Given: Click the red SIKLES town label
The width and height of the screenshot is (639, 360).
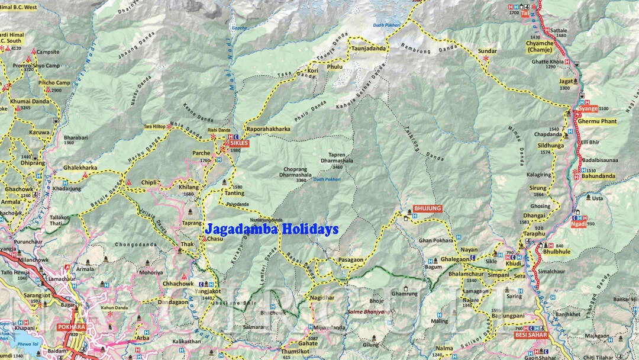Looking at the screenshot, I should (240, 143).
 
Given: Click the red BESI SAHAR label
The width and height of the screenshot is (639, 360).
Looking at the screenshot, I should (531, 335).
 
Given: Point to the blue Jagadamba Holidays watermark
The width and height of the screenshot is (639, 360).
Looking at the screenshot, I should (272, 229).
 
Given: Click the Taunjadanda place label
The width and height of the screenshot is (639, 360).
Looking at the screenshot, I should (369, 49).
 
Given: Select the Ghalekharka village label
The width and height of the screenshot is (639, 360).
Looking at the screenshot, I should (80, 168).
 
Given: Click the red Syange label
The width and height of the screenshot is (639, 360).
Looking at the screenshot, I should (588, 109).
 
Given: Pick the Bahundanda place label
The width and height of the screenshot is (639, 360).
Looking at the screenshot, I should (598, 176).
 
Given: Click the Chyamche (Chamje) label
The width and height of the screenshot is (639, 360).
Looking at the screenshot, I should (540, 46).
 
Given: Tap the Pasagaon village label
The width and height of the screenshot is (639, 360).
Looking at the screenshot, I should (351, 260).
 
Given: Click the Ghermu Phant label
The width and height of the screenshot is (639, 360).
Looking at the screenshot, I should (597, 121).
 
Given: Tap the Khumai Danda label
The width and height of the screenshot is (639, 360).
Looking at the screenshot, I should (30, 101).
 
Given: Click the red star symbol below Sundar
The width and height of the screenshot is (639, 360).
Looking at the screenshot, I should (486, 59).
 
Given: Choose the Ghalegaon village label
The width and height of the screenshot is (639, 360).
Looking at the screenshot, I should (454, 259).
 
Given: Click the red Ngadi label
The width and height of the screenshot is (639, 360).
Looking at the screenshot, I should (578, 224).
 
